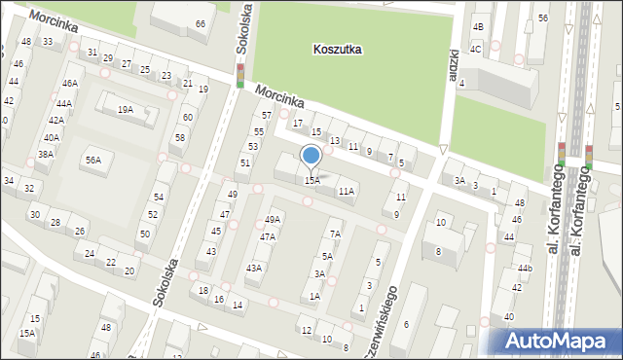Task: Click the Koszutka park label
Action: pyautogui.click(x=338, y=49)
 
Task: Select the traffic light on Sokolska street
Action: pyautogui.click(x=240, y=75)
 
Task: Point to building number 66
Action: pyautogui.click(x=201, y=23)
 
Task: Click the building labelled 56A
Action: pyautogui.click(x=92, y=161)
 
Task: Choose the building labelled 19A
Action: pyautogui.click(x=126, y=110)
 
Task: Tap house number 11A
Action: pyautogui.click(x=346, y=192)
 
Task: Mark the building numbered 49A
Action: pyautogui.click(x=273, y=220)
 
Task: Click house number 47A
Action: pyautogui.click(x=267, y=236)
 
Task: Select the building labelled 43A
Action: pyautogui.click(x=254, y=268)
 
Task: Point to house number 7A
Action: pyautogui.click(x=335, y=234)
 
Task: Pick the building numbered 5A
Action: pyautogui.click(x=327, y=256)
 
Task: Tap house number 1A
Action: pyautogui.click(x=314, y=296)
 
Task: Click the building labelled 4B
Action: pyautogui.click(x=477, y=27)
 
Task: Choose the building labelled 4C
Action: pyautogui.click(x=476, y=49)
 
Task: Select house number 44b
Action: pyautogui.click(x=525, y=268)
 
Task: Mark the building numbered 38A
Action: pyautogui.click(x=45, y=155)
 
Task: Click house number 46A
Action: pyautogui.click(x=70, y=85)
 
